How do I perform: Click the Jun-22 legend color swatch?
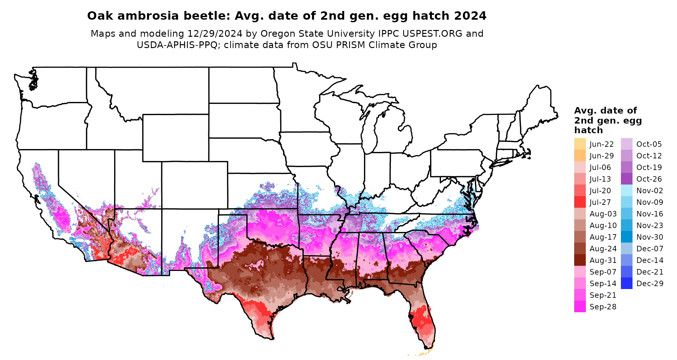(580, 144)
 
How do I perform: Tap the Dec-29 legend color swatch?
(626, 283)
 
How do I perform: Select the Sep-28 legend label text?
(603, 307)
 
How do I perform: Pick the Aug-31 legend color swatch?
(580, 260)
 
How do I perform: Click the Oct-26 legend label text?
(649, 179)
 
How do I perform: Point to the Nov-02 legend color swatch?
(626, 190)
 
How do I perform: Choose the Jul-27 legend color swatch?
(580, 202)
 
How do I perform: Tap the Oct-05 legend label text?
(649, 144)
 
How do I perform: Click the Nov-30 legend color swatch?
(626, 237)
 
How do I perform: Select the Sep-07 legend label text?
(603, 272)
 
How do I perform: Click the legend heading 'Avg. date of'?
(605, 111)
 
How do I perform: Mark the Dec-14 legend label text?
(650, 260)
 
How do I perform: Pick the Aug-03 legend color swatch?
(580, 214)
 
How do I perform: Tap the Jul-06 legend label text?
(600, 167)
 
